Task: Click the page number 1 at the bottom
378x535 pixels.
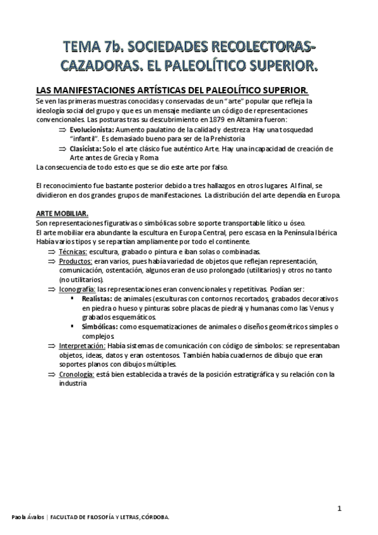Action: [340, 509]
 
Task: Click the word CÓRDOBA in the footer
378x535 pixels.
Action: [153, 517]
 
